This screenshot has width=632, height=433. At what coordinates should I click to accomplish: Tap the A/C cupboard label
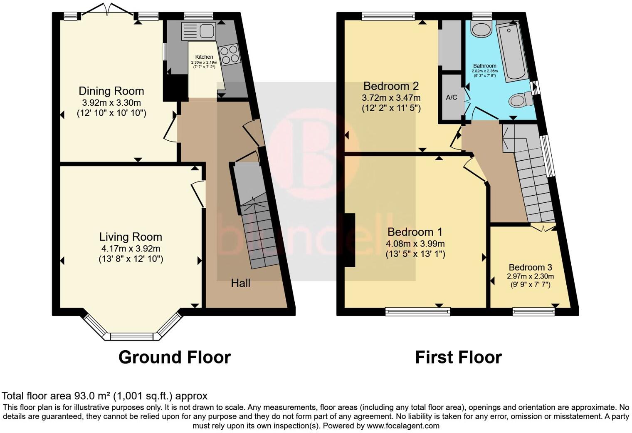tap(452, 97)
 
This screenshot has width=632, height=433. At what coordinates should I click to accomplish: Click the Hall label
tap(240, 284)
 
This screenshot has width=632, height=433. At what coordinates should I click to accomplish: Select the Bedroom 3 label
tap(530, 267)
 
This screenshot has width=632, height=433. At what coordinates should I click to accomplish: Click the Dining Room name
tap(111, 91)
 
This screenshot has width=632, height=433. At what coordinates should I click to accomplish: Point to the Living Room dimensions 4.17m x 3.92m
tap(131, 249)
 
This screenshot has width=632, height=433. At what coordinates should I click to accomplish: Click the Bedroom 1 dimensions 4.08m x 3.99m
tap(415, 244)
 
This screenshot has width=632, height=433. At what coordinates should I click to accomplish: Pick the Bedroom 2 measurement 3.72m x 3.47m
tap(391, 98)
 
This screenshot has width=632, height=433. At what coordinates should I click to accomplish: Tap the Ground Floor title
tap(175, 357)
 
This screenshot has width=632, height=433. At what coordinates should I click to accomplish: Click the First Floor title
tap(458, 357)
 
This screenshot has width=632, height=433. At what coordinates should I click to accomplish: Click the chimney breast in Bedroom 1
tap(350, 240)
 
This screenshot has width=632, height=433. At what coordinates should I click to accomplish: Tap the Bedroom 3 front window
tap(533, 311)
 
